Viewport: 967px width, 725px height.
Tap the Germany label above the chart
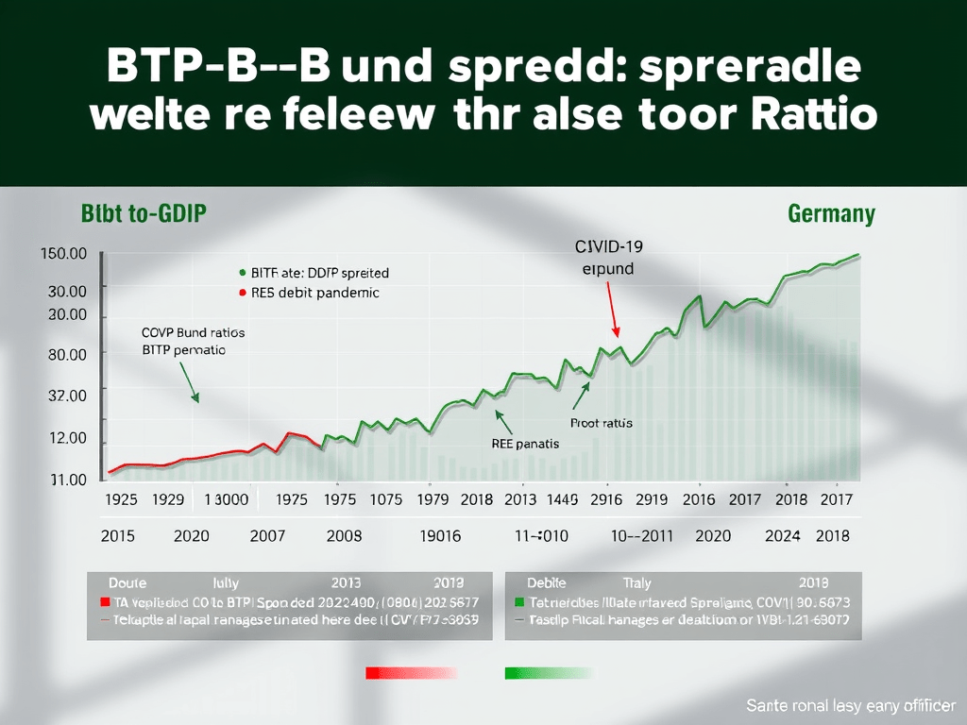pos(831,213)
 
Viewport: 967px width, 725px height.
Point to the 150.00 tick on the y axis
pos(64,254)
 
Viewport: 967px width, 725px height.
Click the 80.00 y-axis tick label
pos(67,354)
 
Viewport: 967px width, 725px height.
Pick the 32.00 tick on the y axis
pos(67,396)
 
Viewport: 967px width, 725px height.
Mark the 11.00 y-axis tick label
pos(67,480)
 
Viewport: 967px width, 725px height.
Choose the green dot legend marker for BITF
pos(243,272)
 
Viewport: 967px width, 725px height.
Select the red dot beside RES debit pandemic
pos(243,293)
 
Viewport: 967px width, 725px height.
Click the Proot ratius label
pos(602,423)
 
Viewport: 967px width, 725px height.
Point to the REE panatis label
pos(525,443)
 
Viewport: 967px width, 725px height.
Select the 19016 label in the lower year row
pos(439,536)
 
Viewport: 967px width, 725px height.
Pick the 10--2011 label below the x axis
pos(641,536)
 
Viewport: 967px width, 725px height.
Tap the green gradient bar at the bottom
pos(548,673)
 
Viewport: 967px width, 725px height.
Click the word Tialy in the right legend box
pos(637,583)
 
